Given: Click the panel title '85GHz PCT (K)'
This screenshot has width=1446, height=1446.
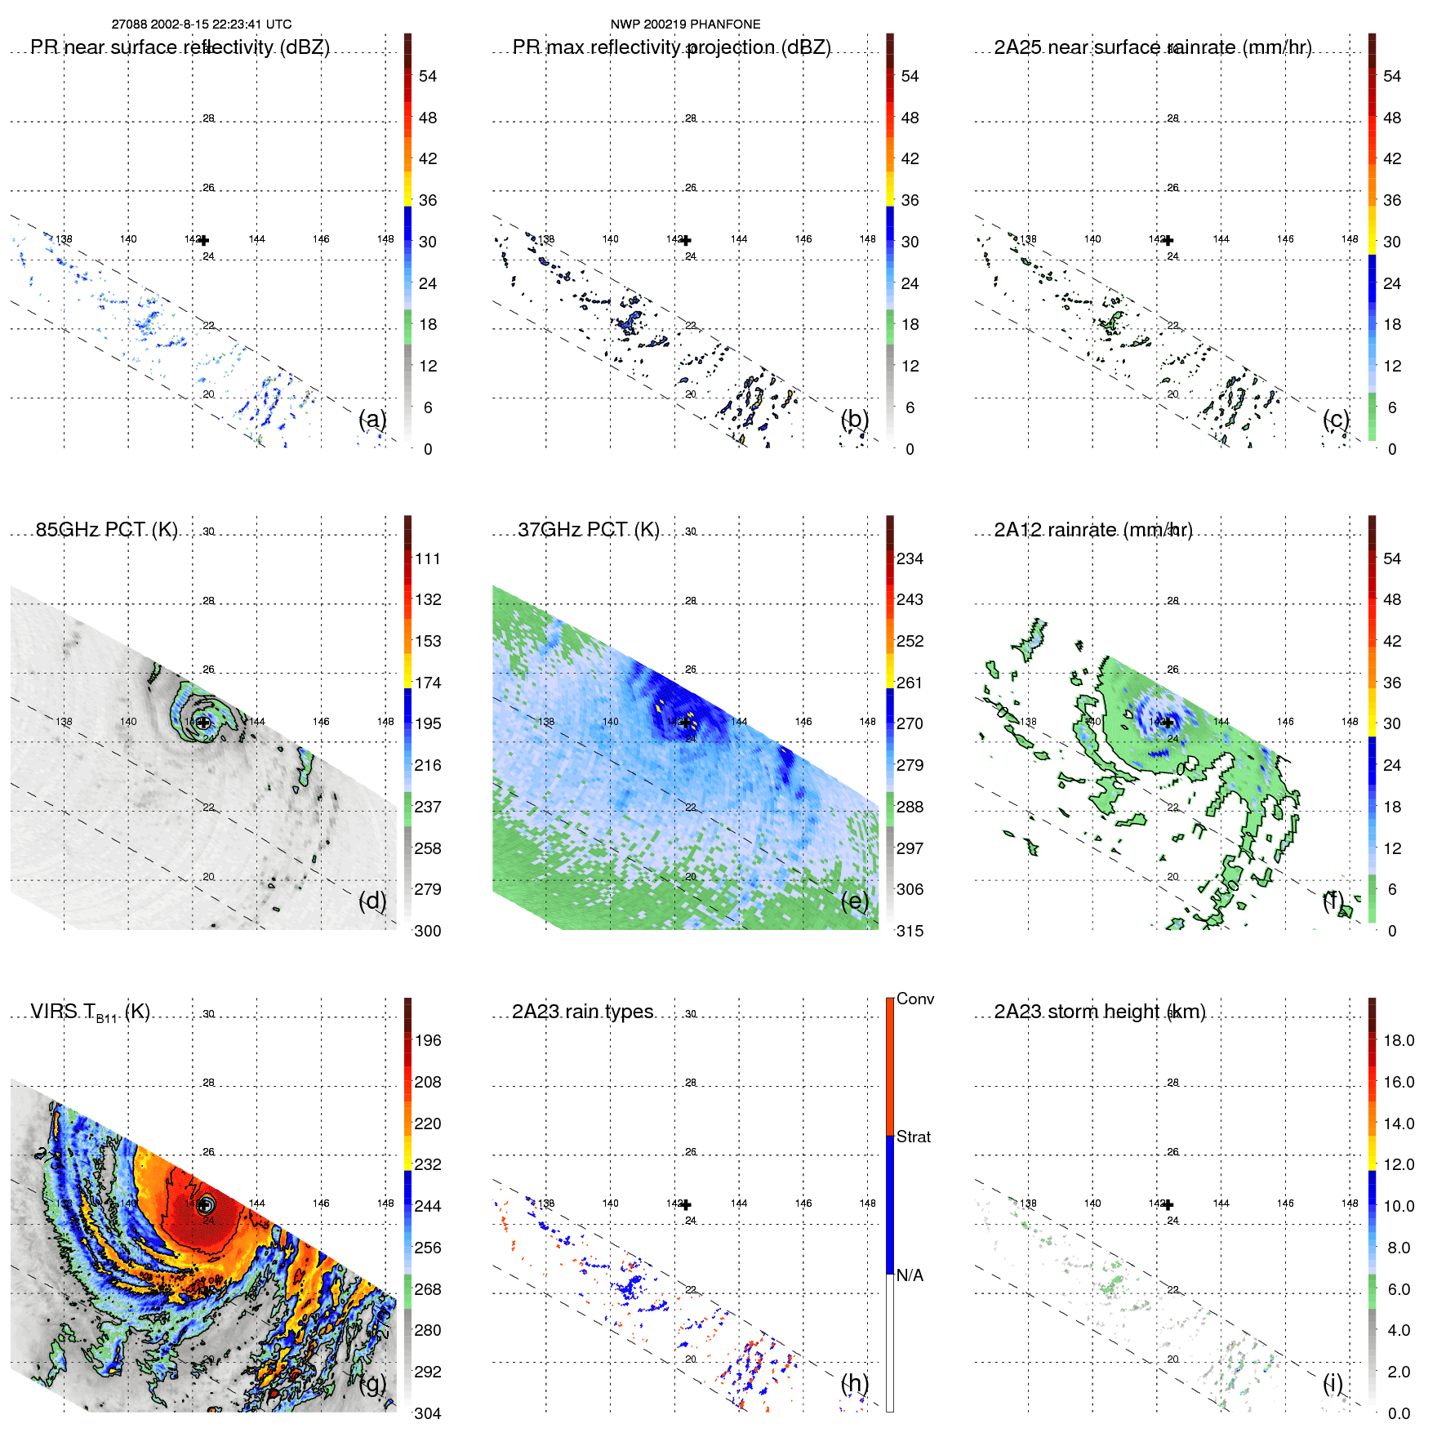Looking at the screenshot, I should [106, 529].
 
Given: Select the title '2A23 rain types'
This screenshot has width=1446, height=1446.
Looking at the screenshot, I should [582, 1012].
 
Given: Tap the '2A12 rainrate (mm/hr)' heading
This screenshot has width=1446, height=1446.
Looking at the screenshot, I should [1092, 529].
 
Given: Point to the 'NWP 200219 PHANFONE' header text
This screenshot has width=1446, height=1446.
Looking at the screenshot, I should [685, 24].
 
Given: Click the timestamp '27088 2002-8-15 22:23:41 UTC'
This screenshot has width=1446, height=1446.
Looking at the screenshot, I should [202, 24].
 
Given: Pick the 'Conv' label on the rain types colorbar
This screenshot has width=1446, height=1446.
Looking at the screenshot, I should [914, 999].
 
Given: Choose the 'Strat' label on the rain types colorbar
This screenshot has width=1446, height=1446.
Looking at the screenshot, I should [913, 1137].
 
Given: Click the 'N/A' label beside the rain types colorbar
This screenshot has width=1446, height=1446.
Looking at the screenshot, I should [910, 1275].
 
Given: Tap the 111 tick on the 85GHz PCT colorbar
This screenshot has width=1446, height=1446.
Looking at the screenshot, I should [428, 558].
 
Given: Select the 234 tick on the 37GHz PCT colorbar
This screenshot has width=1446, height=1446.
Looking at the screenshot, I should [910, 558].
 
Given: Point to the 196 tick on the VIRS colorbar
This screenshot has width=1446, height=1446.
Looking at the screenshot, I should [428, 1040].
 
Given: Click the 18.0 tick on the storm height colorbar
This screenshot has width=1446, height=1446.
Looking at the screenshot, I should [1398, 1040].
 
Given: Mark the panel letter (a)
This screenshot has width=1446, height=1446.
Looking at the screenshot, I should [372, 419].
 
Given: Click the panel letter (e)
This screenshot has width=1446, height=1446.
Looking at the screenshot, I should [854, 901].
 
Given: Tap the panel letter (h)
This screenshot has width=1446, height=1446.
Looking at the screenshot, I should [854, 1383].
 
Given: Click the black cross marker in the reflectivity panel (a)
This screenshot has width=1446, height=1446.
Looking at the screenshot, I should [203, 240].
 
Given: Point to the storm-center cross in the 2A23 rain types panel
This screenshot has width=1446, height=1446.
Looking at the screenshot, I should [686, 1204].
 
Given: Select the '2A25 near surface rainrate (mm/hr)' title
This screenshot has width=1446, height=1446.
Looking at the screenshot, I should [1152, 47].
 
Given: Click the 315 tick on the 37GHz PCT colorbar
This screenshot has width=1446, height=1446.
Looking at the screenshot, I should [910, 931].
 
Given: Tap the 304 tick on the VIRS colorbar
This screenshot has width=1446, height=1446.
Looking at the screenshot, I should [428, 1413].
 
